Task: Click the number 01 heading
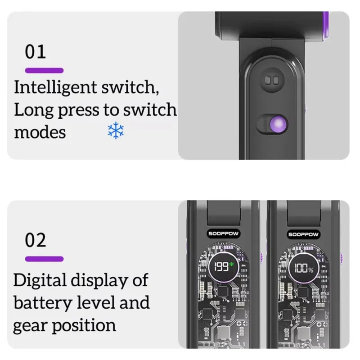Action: pyautogui.click(x=36, y=52)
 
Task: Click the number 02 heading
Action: pyautogui.click(x=36, y=240)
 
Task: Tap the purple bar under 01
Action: pyautogui.click(x=44, y=71)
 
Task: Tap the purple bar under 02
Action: pyautogui.click(x=44, y=259)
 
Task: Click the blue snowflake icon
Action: pyautogui.click(x=116, y=130)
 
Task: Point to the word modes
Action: pyautogui.click(x=40, y=133)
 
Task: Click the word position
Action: pyautogui.click(x=84, y=325)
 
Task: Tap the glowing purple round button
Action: pyautogui.click(x=279, y=124)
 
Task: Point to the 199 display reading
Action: pyautogui.click(x=221, y=267)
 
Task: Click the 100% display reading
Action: pyautogui.click(x=303, y=268)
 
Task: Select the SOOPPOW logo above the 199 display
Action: pyautogui.click(x=223, y=234)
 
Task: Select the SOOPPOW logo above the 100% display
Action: pyautogui.click(x=303, y=234)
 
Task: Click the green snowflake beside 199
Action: pyautogui.click(x=231, y=264)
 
